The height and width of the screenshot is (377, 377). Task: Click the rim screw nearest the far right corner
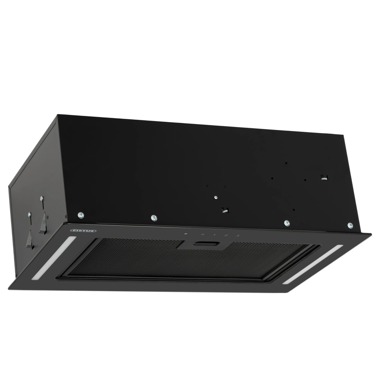(x=350, y=225)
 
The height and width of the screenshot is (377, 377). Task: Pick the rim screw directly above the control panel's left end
(x=154, y=218)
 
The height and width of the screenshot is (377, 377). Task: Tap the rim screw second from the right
(x=287, y=223)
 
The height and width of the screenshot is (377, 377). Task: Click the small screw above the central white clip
(x=216, y=198)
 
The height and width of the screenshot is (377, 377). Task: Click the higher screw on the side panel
(x=42, y=199)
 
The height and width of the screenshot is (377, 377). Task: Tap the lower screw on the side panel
(x=29, y=214)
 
